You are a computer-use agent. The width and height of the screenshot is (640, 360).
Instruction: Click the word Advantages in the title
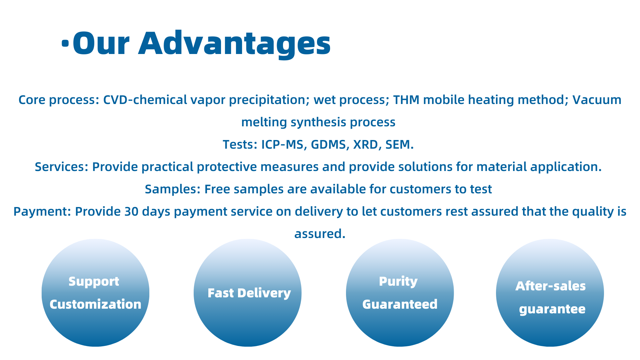[x=235, y=44]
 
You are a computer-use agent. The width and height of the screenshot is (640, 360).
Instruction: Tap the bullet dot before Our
[x=65, y=43]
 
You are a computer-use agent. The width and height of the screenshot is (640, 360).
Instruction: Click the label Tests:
[x=240, y=145]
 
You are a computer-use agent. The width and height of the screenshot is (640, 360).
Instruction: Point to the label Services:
[x=62, y=167]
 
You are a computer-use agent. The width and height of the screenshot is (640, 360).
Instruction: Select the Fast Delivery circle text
[x=249, y=293]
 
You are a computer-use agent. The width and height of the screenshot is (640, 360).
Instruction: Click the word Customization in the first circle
[x=95, y=304]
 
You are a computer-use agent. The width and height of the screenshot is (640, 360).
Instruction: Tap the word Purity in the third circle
[x=398, y=282]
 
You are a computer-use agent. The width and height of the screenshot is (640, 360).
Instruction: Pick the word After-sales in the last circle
[x=550, y=286]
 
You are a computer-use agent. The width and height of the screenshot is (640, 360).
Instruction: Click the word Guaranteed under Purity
[x=400, y=304]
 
